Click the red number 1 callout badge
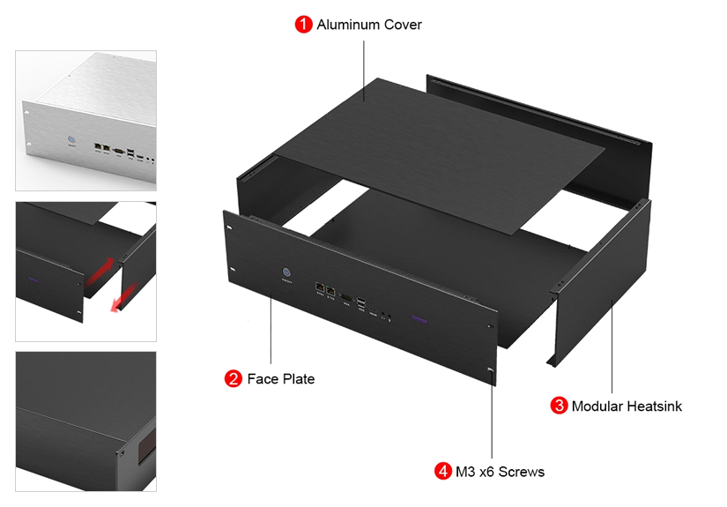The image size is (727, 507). coord(303,25)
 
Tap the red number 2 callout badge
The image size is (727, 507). coord(234,379)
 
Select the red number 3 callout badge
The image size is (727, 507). coord(559,406)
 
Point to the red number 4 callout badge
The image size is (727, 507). coord(442,472)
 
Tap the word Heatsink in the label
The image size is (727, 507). coord(651,406)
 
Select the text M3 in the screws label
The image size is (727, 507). coord(465,472)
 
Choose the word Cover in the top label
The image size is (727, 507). coord(403,25)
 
